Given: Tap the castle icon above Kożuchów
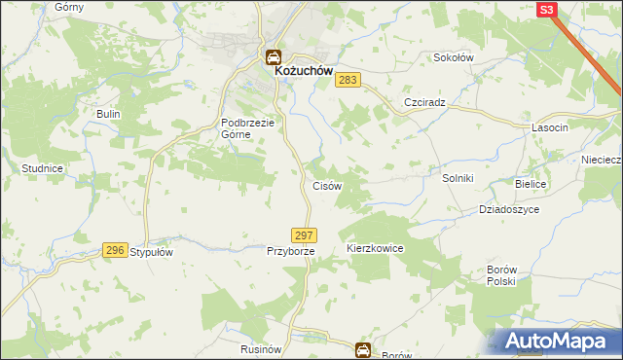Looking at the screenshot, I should coord(274,56).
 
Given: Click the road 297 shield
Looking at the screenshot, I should coord(304,235).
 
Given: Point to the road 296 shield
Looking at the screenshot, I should coord(115,250).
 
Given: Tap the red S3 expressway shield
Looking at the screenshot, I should coord(546,9).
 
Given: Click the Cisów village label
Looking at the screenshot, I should coord(325,185).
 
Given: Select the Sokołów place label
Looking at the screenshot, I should coord(453,57).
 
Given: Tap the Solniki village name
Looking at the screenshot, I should coord(458,177).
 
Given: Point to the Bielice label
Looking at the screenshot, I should coord(532,184).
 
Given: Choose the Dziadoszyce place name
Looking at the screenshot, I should coord(509,209).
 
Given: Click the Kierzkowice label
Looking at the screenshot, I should coord(375,249).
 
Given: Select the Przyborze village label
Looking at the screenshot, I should coord(290,251).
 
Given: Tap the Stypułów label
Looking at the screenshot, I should coord(152,251).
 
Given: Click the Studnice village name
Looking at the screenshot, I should coord(43,168).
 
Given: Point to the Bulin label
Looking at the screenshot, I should coord(107,114).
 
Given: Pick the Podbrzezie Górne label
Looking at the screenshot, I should coord(250,128).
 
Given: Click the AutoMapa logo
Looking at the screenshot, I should coord(558,341).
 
